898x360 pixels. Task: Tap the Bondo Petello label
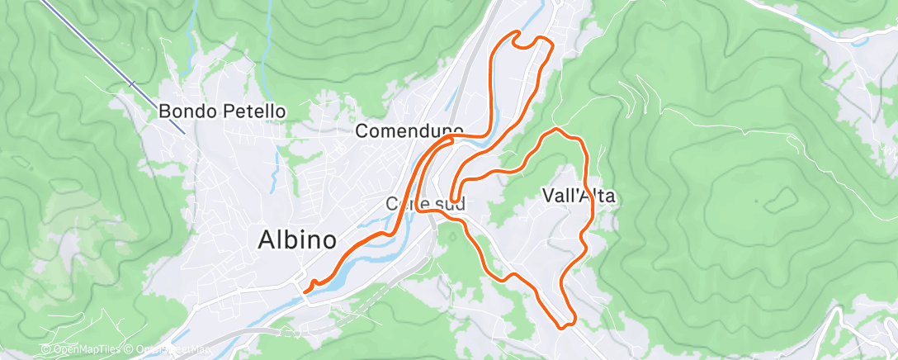click(222, 110)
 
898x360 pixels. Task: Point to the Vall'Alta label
click(579, 196)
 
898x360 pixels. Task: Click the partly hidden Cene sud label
click(426, 202)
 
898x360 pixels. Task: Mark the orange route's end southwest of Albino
click(305, 290)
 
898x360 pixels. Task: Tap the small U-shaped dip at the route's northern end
click(529, 43)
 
